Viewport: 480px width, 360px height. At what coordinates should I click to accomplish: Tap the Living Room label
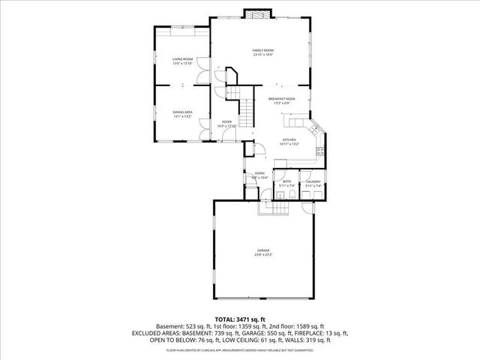(x=182, y=60)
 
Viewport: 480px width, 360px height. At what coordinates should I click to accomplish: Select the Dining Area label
(x=183, y=113)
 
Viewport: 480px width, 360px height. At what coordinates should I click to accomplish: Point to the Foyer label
(x=226, y=122)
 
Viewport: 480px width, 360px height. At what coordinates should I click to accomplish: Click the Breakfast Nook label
(x=281, y=100)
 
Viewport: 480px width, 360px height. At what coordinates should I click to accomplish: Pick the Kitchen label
(x=289, y=140)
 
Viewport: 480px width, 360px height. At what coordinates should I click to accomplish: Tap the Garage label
(x=262, y=251)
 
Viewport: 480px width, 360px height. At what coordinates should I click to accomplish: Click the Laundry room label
(x=313, y=182)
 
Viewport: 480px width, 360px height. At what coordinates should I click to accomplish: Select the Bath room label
(x=286, y=182)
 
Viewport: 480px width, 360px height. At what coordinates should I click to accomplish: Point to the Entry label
(x=259, y=175)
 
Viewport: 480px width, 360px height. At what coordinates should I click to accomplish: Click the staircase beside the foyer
(x=235, y=93)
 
